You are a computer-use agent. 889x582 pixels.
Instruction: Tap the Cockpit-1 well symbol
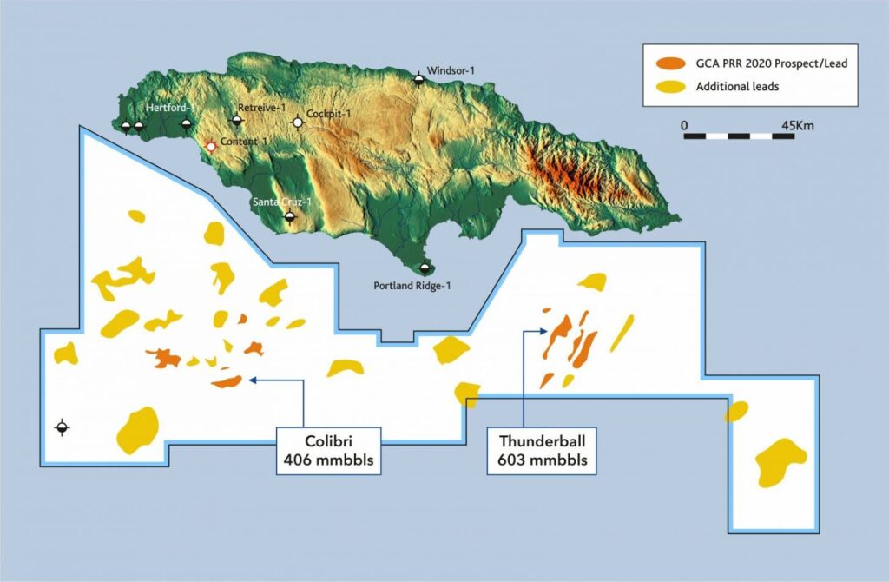[x=298, y=122]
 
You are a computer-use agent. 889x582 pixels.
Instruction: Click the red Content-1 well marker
[x=210, y=147]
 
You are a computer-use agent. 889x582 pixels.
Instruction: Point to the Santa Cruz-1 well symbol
[x=290, y=217]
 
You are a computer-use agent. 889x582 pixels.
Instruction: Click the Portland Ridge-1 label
[x=412, y=285]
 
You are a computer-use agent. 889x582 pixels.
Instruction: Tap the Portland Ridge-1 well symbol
[x=424, y=268]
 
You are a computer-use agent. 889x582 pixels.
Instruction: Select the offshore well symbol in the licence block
[x=62, y=427]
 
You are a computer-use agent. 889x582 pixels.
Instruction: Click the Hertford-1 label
[x=169, y=108]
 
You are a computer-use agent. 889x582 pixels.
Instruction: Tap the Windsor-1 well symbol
[x=418, y=79]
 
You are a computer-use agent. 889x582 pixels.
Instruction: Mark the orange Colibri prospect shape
[x=227, y=380]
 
